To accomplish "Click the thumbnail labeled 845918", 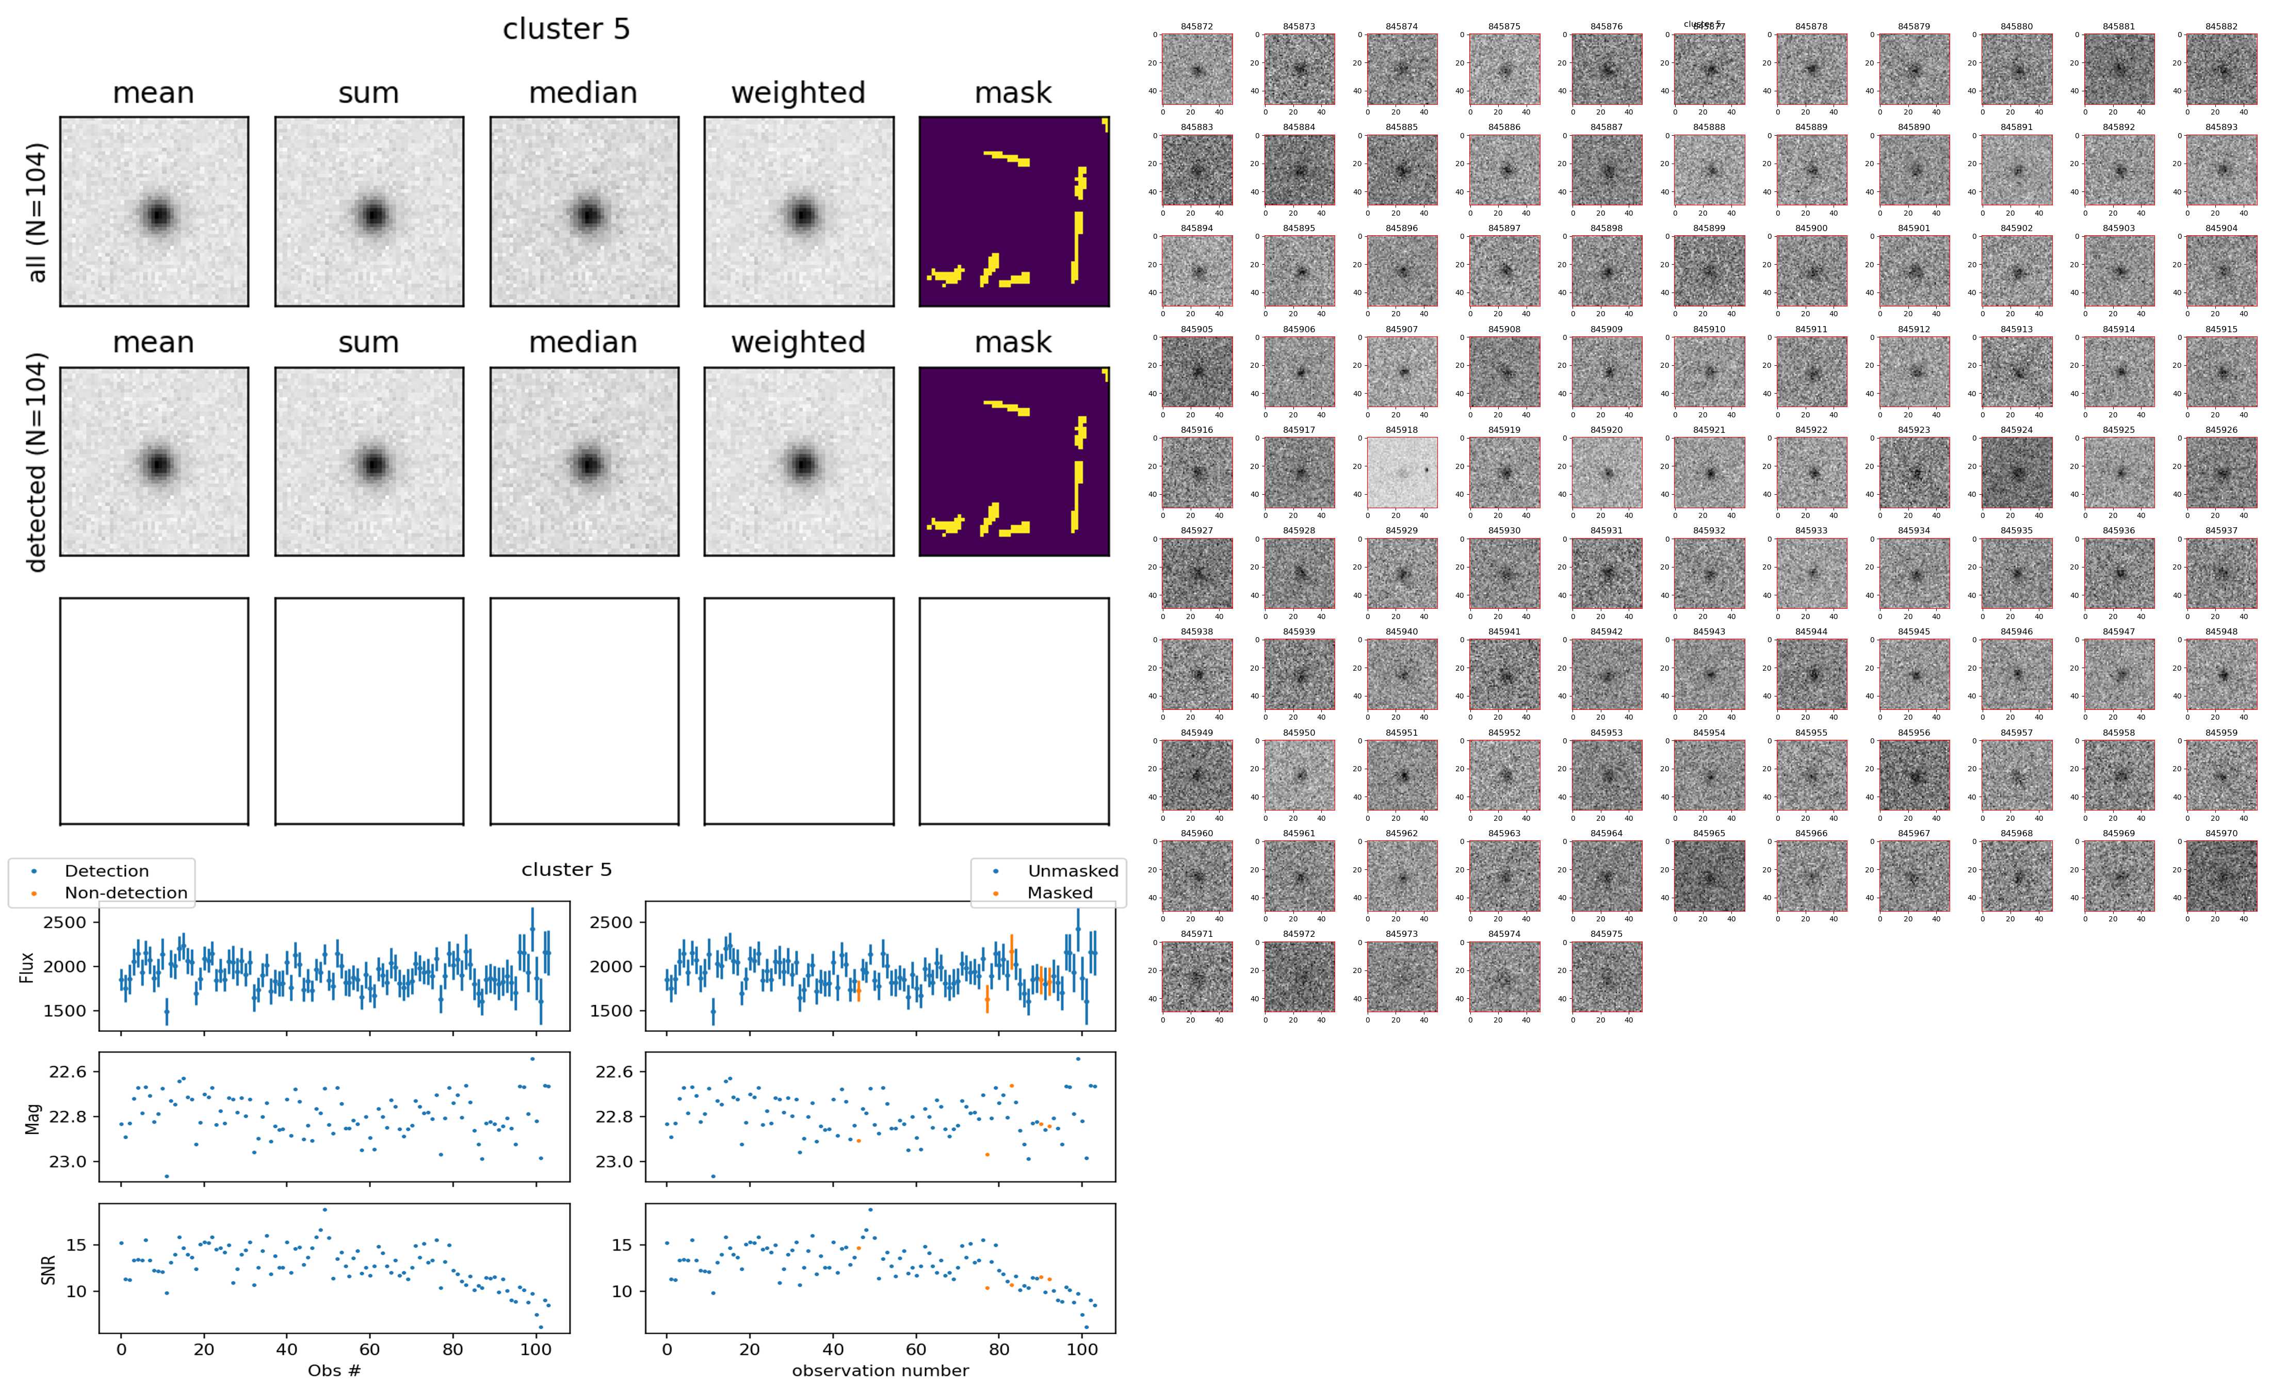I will [x=1402, y=473].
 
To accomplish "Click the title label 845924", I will [x=2016, y=430].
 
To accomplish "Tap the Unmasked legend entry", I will [x=1073, y=871].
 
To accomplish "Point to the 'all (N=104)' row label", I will [x=37, y=212].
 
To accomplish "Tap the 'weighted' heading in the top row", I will [x=798, y=93].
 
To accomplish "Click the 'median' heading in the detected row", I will [x=583, y=342].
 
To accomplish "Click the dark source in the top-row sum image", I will [x=372, y=215].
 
